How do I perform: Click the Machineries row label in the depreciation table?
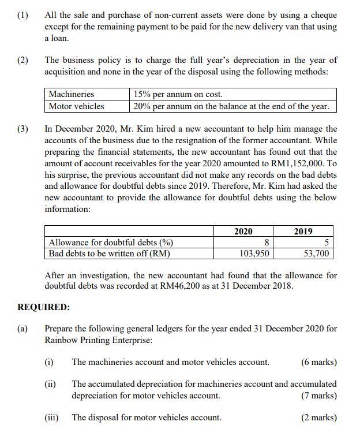coord(71,94)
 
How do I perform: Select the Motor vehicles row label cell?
coord(76,106)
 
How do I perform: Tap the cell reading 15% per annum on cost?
coord(178,94)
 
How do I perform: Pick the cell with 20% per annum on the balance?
coord(231,106)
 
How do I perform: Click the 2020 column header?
coord(243,232)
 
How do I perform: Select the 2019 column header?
coord(303,232)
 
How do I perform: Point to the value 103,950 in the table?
coord(254,253)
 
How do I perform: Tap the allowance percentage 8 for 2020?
coord(267,243)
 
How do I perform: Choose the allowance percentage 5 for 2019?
coord(327,243)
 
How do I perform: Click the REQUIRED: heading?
coord(44,307)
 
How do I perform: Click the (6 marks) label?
coord(318,362)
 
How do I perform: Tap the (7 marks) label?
coord(318,396)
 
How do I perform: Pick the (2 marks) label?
coord(318,417)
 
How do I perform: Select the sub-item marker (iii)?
coord(52,417)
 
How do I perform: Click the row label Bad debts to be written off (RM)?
coord(110,253)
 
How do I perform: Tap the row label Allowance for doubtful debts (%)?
coord(111,243)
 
